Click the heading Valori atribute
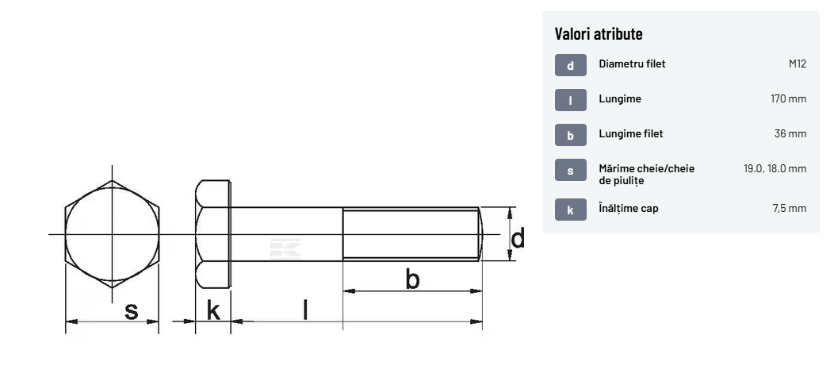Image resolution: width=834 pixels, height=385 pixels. tap(599, 33)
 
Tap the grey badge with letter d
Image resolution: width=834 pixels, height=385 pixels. tap(571, 65)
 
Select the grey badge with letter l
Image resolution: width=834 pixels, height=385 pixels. tap(571, 99)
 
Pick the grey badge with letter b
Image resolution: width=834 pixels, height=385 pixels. tap(571, 135)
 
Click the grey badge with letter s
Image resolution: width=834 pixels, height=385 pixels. tap(571, 170)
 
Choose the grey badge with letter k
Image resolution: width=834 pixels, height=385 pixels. tap(571, 210)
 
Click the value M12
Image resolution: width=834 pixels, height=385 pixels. tap(798, 64)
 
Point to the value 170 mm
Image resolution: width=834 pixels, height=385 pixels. tap(788, 98)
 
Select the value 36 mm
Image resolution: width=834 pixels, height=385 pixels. tap(790, 133)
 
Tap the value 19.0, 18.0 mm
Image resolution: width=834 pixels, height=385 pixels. tap(775, 169)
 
